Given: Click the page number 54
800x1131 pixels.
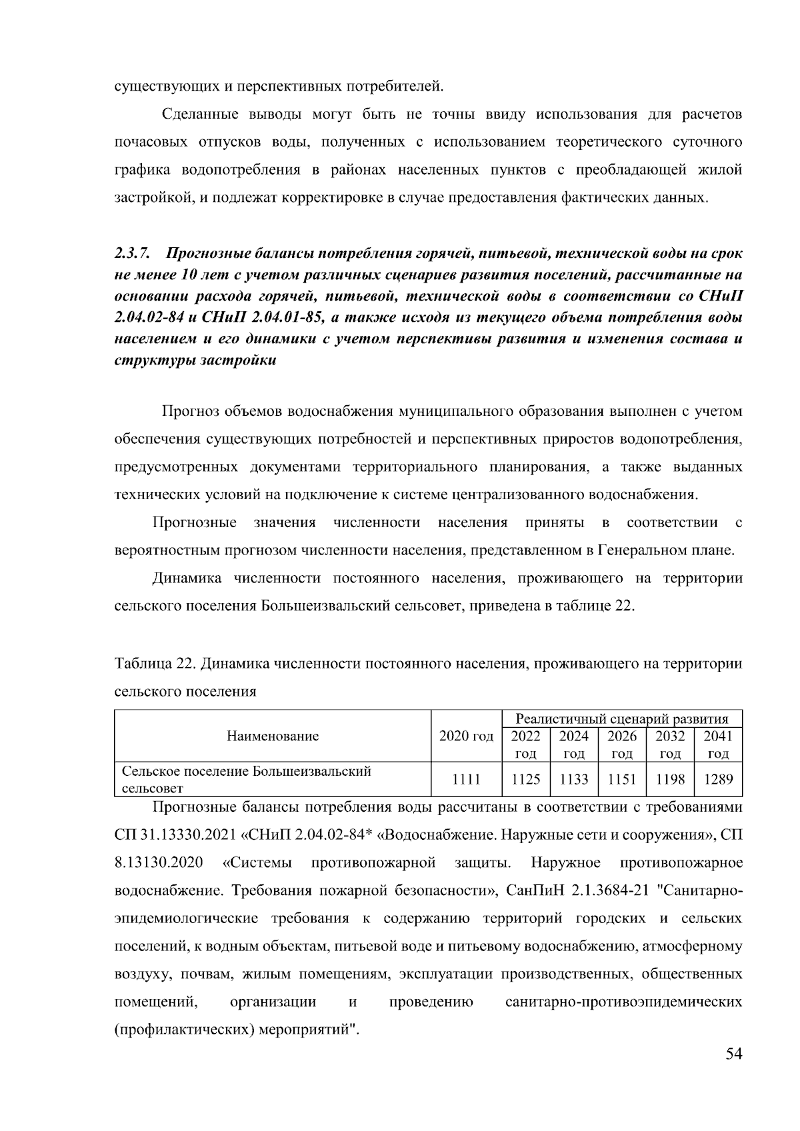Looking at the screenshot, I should [733, 1054].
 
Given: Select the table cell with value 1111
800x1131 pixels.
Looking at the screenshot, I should [466, 779].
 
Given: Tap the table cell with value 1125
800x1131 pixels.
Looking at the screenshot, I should [525, 779].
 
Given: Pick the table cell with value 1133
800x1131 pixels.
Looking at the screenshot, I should [573, 779].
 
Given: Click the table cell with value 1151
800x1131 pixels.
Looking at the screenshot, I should [621, 779].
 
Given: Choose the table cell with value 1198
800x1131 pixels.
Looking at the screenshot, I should [669, 779].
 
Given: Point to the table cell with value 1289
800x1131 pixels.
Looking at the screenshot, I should [718, 779].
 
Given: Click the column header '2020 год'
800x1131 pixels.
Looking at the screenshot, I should [466, 736].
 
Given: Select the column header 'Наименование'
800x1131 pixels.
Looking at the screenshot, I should [273, 736].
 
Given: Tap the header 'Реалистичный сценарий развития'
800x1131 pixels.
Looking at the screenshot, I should [621, 718].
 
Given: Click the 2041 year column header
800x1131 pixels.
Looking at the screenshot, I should [718, 744].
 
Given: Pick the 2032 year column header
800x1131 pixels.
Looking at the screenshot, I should [669, 744].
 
